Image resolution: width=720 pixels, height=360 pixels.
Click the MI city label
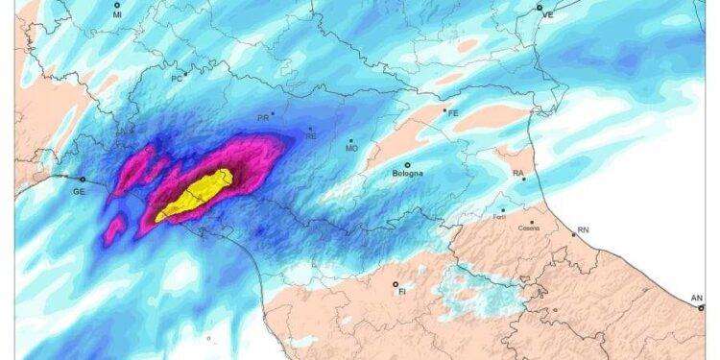tap(117, 16)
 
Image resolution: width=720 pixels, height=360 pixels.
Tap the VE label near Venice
tap(549, 16)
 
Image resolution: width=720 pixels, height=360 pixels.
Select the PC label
tap(176, 78)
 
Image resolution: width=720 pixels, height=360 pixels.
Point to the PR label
tap(262, 117)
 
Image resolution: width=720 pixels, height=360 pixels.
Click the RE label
tap(310, 136)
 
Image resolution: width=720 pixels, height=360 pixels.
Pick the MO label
tap(351, 149)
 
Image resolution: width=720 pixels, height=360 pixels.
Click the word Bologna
tap(409, 176)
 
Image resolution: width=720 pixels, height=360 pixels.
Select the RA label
tap(517, 174)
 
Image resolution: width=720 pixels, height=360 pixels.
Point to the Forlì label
tap(497, 217)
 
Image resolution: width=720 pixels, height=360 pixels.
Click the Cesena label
tap(528, 228)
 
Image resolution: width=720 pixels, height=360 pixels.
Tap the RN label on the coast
tap(583, 230)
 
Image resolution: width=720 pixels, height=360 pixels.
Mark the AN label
tap(698, 299)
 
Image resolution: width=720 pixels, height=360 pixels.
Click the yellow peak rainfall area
tap(197, 192)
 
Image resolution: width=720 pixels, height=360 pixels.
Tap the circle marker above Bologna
tap(407, 165)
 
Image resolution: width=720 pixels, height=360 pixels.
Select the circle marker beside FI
tap(395, 282)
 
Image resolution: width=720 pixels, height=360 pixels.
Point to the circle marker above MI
tap(117, 6)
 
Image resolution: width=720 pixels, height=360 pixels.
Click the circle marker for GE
tap(83, 179)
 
